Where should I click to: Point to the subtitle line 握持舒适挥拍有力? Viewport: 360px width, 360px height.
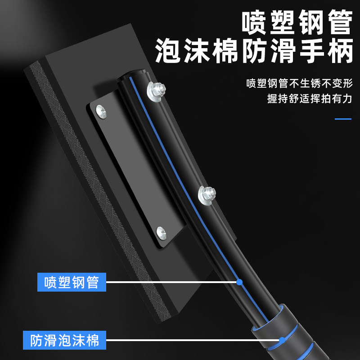click(x=309, y=99)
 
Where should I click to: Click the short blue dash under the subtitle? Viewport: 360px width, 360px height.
click(x=343, y=119)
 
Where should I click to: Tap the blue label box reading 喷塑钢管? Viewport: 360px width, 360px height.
click(x=72, y=283)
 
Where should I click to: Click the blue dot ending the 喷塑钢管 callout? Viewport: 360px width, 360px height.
click(x=239, y=282)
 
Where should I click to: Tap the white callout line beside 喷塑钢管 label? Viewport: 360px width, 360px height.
click(x=171, y=283)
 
